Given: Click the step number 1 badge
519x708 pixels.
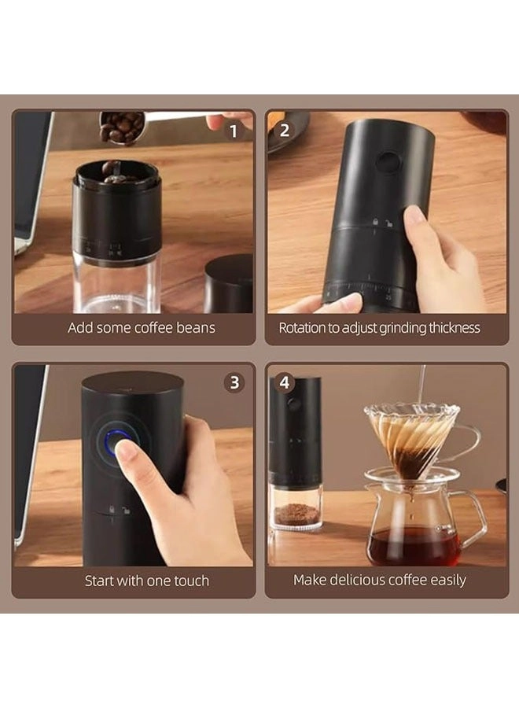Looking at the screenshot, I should (233, 131).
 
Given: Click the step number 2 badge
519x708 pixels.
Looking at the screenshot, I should (285, 131).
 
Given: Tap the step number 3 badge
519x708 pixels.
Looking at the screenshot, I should (234, 383).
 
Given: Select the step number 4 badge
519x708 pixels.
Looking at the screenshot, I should (285, 383).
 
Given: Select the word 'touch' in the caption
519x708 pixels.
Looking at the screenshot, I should (190, 581).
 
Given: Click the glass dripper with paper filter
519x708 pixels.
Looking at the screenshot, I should (411, 437).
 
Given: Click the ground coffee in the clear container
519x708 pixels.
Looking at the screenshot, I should (296, 513).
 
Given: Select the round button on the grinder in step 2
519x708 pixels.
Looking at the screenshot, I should (385, 162).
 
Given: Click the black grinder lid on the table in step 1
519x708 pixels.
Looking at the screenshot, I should (229, 283).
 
